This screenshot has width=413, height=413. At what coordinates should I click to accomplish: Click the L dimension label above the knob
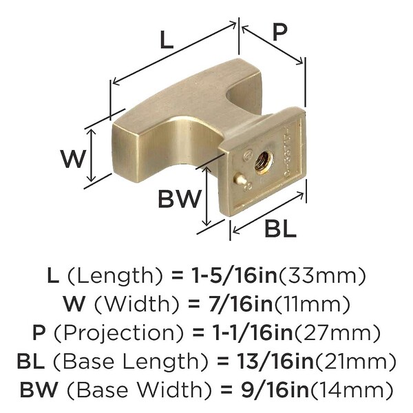point(167,40)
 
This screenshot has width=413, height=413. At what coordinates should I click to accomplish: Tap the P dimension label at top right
point(279,32)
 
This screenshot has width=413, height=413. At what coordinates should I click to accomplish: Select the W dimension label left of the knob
point(73,159)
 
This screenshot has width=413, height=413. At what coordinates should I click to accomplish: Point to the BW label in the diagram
point(180,198)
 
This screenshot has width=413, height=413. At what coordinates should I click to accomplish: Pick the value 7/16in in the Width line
point(241,304)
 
